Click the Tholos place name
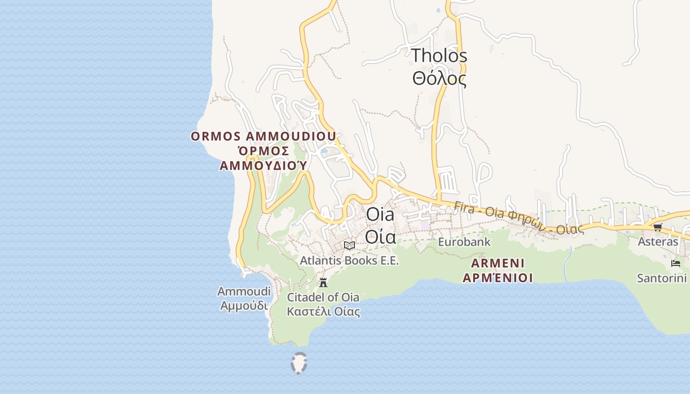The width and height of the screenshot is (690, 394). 439,56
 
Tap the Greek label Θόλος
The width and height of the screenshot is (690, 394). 439,78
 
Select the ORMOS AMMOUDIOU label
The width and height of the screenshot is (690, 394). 263,136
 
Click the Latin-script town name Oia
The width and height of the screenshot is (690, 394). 380,215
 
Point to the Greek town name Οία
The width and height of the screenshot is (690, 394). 380,237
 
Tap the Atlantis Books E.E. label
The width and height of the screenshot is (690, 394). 349,261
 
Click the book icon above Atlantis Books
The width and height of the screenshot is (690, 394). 349,245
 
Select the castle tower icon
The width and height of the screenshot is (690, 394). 323,283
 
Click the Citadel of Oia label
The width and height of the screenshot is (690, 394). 323,297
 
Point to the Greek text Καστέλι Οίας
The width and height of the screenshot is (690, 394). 323,312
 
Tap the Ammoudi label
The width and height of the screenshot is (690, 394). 244,292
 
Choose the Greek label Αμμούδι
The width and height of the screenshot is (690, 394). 244,306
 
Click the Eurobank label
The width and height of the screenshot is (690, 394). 464,242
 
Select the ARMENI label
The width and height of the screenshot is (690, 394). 497,263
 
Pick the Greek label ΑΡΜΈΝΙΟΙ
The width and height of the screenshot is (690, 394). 497,278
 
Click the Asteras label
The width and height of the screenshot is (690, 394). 658,242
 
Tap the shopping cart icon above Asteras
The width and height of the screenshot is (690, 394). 658,227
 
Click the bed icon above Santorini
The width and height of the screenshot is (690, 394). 676,263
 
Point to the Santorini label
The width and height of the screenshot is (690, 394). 662,278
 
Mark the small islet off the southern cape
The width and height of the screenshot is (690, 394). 299,363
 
